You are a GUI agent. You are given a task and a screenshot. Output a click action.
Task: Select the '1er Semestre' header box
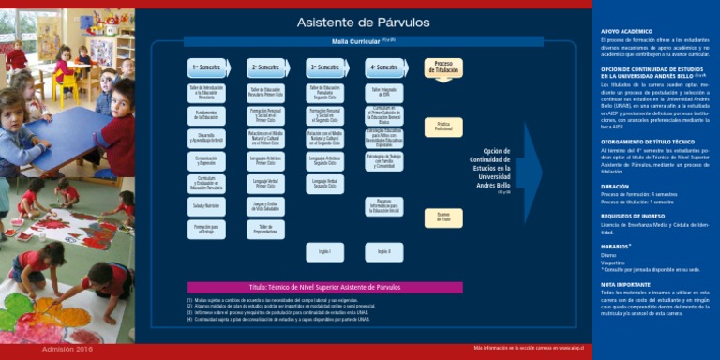pyautogui.click(x=205, y=67)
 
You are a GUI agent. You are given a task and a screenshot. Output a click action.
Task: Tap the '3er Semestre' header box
pyautogui.click(x=325, y=67)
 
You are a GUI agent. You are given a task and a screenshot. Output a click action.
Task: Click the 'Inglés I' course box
pyautogui.click(x=325, y=251)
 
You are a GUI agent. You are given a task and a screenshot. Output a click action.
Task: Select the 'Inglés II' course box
pyautogui.click(x=383, y=251)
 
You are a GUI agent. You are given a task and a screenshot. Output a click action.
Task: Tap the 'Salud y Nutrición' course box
pyautogui.click(x=205, y=204)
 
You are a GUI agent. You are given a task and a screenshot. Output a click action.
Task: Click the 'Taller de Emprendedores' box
pyautogui.click(x=265, y=228)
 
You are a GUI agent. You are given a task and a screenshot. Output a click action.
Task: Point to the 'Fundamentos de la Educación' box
pyautogui.click(x=205, y=114)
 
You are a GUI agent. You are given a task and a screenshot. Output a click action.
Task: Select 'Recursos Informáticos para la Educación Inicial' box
pyautogui.click(x=383, y=206)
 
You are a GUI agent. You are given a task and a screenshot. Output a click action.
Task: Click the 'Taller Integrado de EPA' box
pyautogui.click(x=383, y=91)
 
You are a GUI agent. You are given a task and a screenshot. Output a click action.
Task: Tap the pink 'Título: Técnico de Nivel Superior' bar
pyautogui.click(x=324, y=288)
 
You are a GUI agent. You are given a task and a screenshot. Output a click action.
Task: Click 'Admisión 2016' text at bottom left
pyautogui.click(x=67, y=350)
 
